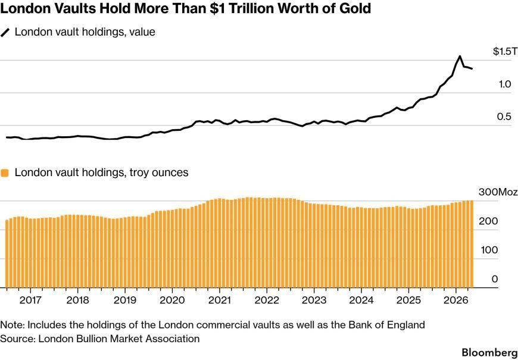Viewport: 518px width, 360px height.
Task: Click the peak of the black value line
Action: [x=460, y=57]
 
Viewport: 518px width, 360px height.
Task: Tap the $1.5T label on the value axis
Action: [x=504, y=52]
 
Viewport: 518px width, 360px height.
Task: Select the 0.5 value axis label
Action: [x=504, y=117]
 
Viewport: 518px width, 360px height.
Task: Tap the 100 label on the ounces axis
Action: [x=489, y=250]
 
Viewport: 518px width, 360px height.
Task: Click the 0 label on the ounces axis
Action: [x=495, y=279]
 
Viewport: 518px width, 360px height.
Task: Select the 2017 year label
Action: [x=30, y=300]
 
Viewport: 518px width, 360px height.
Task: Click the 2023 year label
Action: [x=314, y=300]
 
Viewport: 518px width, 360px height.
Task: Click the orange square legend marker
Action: [x=5, y=173]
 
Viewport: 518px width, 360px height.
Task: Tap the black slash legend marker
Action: [x=5, y=32]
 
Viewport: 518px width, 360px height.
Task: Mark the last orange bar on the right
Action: [x=472, y=244]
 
